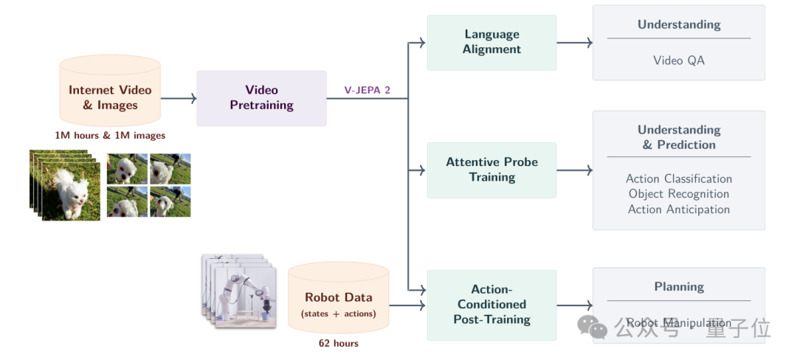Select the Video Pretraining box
pos(261,98)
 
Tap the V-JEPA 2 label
pos(367,90)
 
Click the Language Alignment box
pos(491,42)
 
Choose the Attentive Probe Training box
pos(491,170)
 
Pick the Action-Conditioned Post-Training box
pos(491,304)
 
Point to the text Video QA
pos(678,60)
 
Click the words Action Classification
pos(678,179)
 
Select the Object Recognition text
pos(678,194)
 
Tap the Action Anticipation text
pos(678,210)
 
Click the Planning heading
pos(678,287)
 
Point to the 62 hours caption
pos(338,343)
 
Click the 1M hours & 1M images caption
pos(110,136)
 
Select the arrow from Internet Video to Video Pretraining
pos(179,98)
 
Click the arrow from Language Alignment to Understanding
pos(575,43)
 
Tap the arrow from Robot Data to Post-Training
pos(408,305)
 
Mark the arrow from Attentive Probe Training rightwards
pos(575,170)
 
